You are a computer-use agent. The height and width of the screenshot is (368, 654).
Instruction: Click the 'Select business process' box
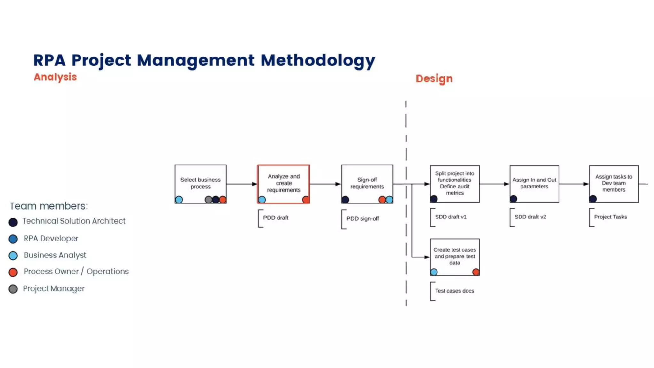pos(200,183)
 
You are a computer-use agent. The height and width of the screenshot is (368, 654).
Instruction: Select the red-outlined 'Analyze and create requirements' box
pos(284,183)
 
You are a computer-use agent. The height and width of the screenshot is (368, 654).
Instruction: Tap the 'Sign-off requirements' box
pos(367,183)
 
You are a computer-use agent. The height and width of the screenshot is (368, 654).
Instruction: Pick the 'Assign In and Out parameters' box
pos(534,183)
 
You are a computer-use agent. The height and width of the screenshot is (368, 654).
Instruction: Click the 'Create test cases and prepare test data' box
pos(454,257)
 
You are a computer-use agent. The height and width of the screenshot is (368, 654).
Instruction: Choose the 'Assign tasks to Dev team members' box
pos(613,183)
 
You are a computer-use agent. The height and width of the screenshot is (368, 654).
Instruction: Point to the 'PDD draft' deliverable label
pos(276,218)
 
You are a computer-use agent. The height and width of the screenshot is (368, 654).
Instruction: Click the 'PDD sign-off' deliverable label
pos(362,219)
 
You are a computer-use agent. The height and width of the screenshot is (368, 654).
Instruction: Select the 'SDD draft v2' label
pos(530,217)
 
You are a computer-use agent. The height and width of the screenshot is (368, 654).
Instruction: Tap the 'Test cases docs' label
pos(454,291)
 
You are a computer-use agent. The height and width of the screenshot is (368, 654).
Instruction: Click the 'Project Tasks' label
pos(610,217)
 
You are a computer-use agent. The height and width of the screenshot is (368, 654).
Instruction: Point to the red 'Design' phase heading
pos(434,79)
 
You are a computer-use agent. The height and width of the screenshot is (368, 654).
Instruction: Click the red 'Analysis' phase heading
pos(55,77)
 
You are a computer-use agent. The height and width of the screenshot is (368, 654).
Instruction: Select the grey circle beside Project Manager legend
pos(13,289)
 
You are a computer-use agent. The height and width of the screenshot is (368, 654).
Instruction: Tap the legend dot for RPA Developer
pos(13,239)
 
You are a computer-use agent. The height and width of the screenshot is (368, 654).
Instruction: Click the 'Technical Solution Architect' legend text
pos(74,221)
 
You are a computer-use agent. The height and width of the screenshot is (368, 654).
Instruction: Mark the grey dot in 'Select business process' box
pos(208,200)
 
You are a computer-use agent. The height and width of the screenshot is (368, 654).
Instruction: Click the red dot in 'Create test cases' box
pos(475,272)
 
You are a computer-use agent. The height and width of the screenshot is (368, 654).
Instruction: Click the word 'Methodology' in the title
pos(318,60)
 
